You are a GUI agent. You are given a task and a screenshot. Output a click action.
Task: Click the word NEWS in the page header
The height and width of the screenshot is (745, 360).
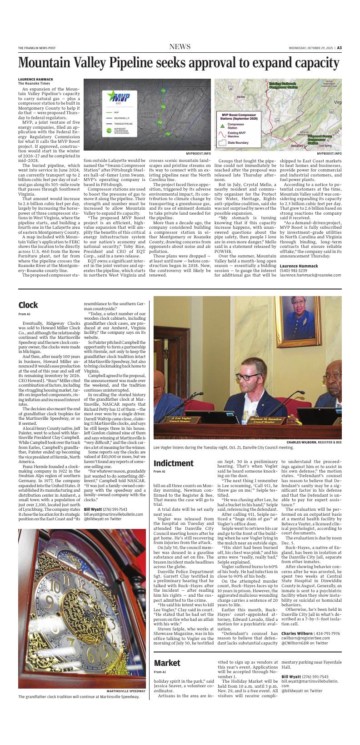pyautogui.click(x=180, y=47)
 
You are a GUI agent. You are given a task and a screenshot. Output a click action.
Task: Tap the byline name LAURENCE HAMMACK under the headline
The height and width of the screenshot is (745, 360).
pyautogui.click(x=35, y=79)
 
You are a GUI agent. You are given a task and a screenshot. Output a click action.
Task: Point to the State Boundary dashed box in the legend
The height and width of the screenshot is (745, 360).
pyautogui.click(x=222, y=142)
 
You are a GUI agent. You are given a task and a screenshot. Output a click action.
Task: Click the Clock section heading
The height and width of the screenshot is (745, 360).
pyautogui.click(x=28, y=305)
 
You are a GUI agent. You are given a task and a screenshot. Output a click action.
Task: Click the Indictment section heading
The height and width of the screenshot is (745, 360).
pyautogui.click(x=173, y=463)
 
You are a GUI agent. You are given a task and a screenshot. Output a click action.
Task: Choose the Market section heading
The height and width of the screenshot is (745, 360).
pyautogui.click(x=167, y=663)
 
